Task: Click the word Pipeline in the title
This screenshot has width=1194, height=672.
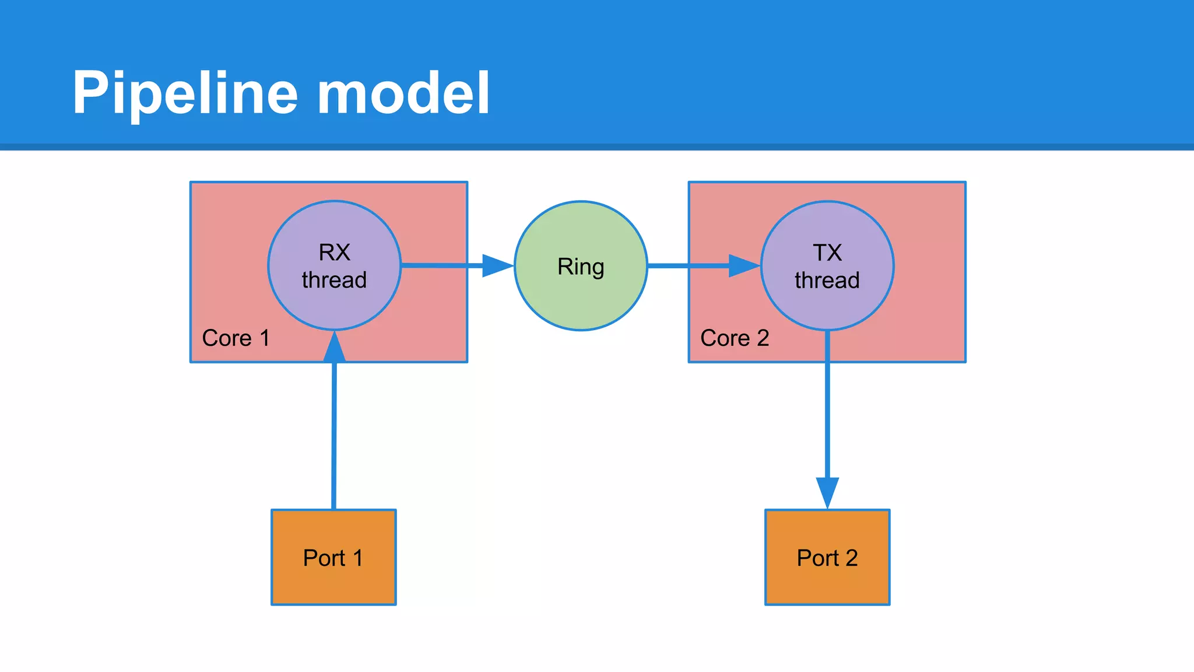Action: click(x=185, y=93)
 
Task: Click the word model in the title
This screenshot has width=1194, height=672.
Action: click(x=403, y=93)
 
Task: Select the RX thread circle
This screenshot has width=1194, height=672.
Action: click(x=334, y=303)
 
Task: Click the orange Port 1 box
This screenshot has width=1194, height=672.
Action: click(x=333, y=583)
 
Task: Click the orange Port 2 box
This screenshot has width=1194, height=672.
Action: click(x=827, y=583)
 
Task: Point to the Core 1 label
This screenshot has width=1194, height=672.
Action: click(x=236, y=338)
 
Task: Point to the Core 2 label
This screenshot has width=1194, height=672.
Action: click(x=735, y=338)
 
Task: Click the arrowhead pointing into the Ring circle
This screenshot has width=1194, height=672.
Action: click(x=497, y=265)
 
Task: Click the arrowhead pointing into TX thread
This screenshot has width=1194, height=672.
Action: click(x=744, y=265)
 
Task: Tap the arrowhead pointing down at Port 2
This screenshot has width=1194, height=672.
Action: click(x=827, y=492)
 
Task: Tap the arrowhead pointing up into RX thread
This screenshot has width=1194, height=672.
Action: click(x=334, y=348)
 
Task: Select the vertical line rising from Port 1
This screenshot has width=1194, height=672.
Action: click(x=334, y=437)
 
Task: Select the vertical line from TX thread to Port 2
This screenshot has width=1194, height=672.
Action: click(x=827, y=408)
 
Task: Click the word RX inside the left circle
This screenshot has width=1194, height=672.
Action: click(x=334, y=253)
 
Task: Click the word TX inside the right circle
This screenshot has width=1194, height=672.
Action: click(x=827, y=253)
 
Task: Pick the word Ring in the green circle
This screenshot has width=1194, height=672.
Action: click(x=581, y=267)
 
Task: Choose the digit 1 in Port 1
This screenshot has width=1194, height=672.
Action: click(x=357, y=558)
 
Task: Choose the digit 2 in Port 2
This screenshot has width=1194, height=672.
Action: click(x=851, y=558)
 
